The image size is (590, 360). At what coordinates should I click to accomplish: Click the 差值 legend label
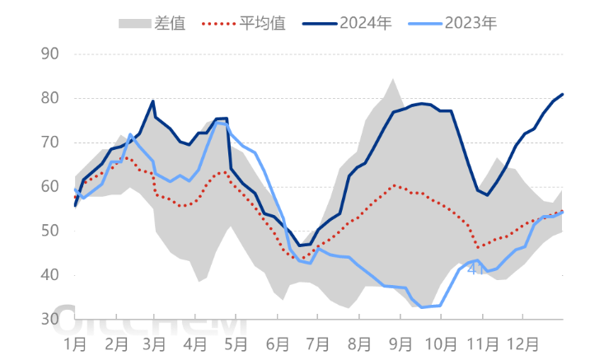point(169,22)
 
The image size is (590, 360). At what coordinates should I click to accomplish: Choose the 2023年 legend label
point(471,22)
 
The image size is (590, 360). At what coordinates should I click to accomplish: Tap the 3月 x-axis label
point(155,340)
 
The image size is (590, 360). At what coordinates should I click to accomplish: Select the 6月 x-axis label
point(276,340)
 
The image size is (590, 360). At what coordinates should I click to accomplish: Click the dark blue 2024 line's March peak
point(153,101)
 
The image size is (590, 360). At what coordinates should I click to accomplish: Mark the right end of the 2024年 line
point(563,94)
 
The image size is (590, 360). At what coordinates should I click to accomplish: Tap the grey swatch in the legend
point(134,22)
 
